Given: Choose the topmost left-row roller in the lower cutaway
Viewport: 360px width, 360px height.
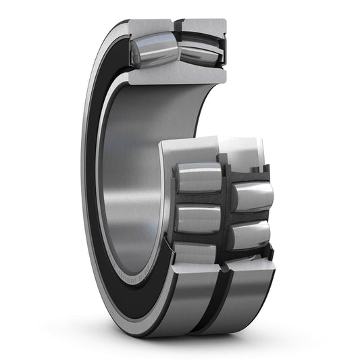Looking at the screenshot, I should pos(197,178).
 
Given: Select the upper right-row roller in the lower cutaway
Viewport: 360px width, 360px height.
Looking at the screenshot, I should pos(252,197).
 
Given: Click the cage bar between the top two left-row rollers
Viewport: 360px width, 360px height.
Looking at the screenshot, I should pos(198,199).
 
